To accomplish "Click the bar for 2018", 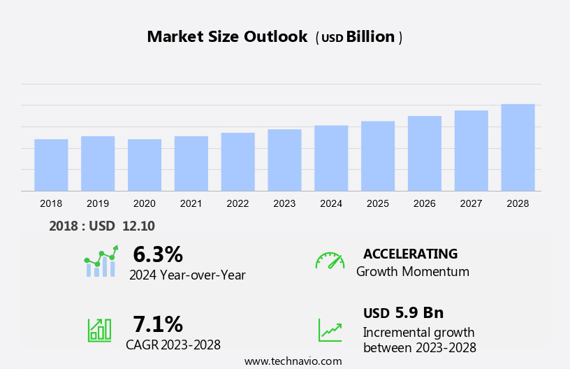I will click(51, 165).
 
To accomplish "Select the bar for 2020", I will click(145, 165).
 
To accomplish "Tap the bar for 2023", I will click(284, 160).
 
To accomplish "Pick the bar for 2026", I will click(425, 153).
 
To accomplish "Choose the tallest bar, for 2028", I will click(518, 147).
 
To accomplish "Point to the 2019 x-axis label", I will click(98, 203).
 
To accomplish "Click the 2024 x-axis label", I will click(331, 203).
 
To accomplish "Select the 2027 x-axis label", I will click(471, 203).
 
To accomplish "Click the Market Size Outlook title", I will click(227, 37).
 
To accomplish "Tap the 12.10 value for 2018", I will click(138, 226).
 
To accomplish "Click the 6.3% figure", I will click(158, 254).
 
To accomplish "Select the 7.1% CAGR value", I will click(158, 324).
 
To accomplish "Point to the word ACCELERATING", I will click(410, 254).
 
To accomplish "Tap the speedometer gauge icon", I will click(330, 261).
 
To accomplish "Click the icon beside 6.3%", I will click(101, 261).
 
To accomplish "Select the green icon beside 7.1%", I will click(99, 330).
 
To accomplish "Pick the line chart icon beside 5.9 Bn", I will click(330, 330).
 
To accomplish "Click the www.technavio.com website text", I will click(293, 361).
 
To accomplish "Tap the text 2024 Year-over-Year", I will click(187, 275).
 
